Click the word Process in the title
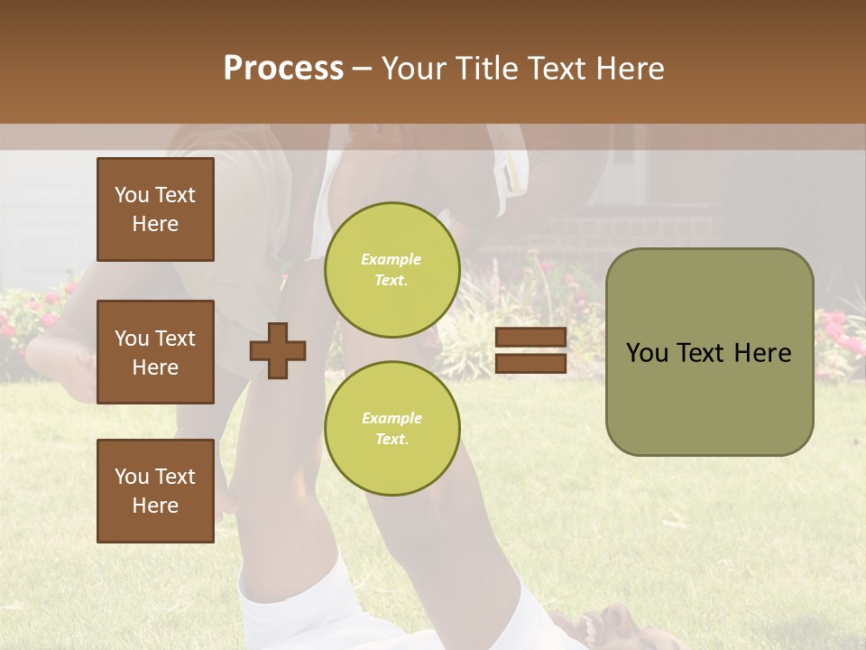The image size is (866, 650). click(x=283, y=69)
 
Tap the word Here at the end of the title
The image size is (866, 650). click(x=627, y=69)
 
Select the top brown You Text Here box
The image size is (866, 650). click(x=155, y=209)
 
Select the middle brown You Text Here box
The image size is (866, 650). click(x=155, y=352)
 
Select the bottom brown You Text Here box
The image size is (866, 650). click(x=155, y=491)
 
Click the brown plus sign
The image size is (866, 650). click(x=278, y=350)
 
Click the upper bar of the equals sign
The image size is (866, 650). click(x=530, y=338)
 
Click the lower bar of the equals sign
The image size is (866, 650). click(x=530, y=364)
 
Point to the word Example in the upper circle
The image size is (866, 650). click(x=392, y=259)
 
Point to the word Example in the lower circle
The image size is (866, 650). click(x=392, y=418)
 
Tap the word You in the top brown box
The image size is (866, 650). click(x=132, y=195)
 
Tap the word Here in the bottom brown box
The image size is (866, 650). click(x=155, y=506)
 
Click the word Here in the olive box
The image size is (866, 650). click(x=762, y=353)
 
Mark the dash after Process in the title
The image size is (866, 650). click(x=362, y=70)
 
